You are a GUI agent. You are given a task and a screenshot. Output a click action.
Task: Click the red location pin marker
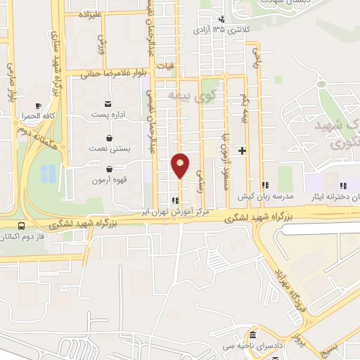click(x=181, y=165)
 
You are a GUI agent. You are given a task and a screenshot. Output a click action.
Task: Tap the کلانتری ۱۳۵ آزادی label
click(x=231, y=30)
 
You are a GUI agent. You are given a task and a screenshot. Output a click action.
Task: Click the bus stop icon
click(x=22, y=226)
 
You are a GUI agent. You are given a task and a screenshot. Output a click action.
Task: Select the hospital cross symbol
click(x=243, y=150)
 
